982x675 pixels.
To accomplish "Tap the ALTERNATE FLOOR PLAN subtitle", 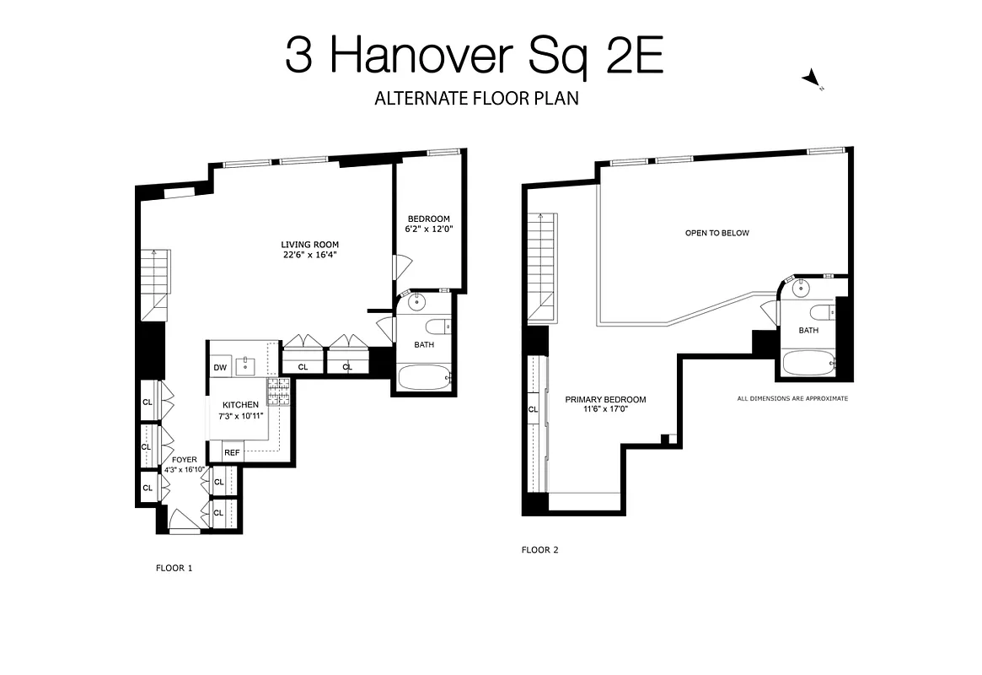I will (476, 99).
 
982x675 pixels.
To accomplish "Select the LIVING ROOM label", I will (310, 250).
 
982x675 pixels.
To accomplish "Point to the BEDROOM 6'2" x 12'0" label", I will (428, 224).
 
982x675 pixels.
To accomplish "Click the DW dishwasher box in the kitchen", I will (220, 367).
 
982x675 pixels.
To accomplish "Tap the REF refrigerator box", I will (232, 453).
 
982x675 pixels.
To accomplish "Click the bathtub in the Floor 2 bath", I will (808, 364).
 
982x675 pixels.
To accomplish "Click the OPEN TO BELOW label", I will (716, 233).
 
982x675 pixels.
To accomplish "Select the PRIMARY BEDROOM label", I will (605, 404).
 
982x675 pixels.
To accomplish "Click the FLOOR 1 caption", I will (174, 568).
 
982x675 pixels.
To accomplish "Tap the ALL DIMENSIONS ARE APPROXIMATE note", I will (792, 398).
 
